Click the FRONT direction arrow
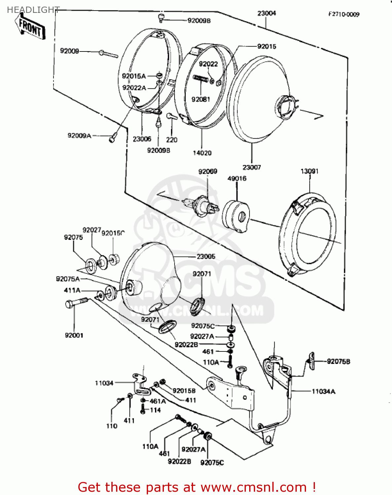30,27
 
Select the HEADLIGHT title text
33,10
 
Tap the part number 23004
266,13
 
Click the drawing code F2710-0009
343,14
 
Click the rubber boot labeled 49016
236,216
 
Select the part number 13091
309,171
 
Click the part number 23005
206,256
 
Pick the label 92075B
338,361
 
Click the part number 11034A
323,391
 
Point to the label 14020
202,153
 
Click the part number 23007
252,167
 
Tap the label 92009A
79,136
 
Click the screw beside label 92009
108,53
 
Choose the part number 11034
104,383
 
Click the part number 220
172,140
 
